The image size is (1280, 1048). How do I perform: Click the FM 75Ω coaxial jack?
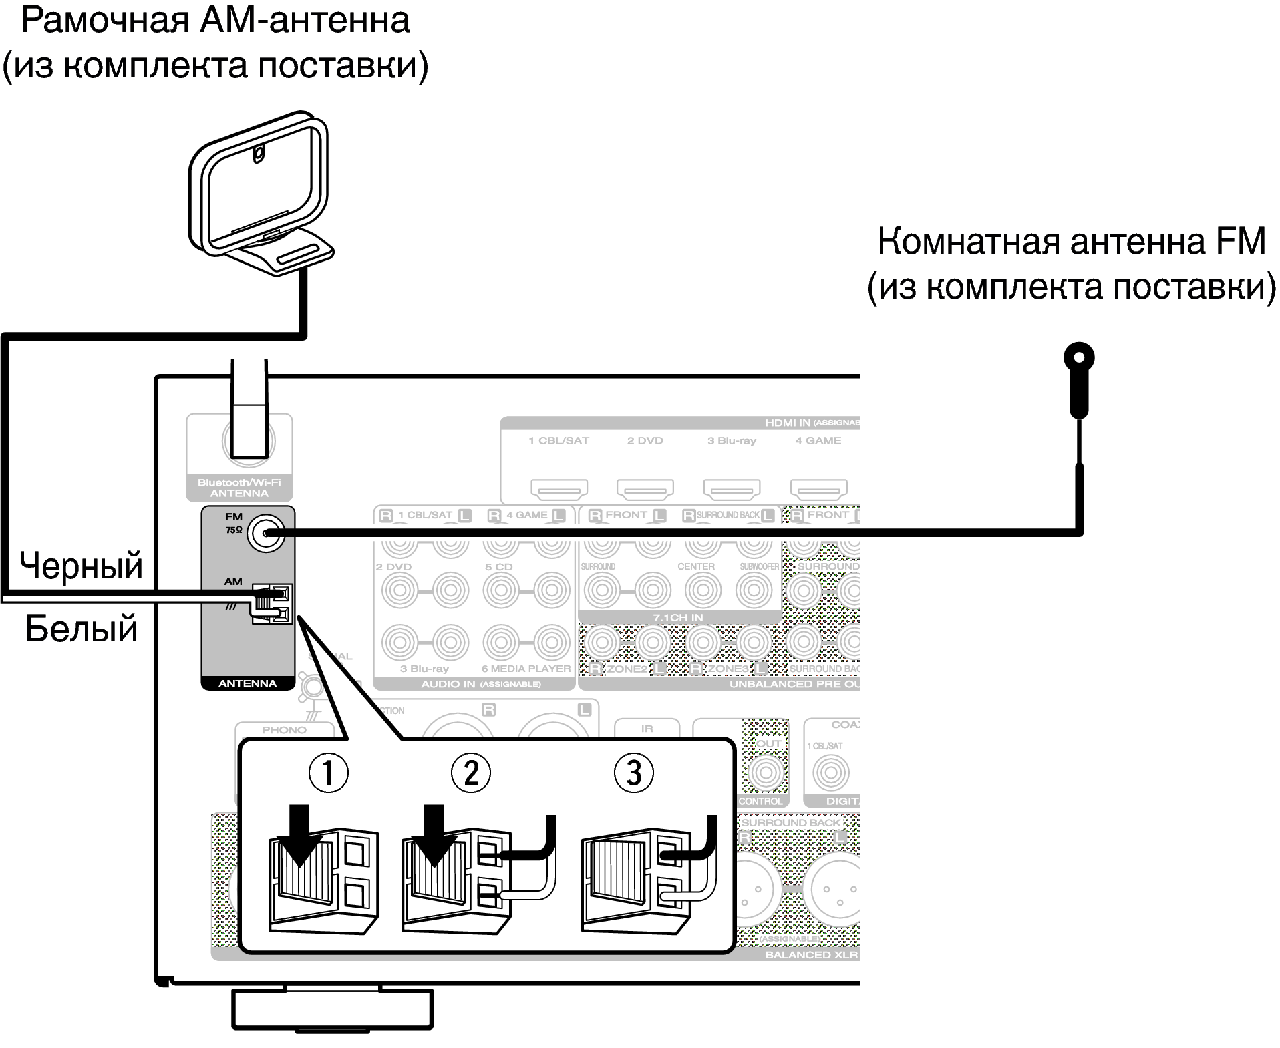click(265, 533)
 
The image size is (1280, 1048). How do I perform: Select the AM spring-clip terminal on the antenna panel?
click(271, 603)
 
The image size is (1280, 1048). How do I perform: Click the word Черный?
click(81, 566)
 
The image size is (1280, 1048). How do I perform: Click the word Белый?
click(81, 629)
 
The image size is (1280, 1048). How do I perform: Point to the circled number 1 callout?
click(327, 773)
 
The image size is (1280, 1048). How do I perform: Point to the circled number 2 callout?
click(470, 773)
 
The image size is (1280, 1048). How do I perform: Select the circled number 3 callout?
click(633, 773)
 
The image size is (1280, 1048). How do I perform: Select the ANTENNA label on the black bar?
click(247, 683)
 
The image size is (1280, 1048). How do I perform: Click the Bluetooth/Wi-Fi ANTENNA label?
click(239, 488)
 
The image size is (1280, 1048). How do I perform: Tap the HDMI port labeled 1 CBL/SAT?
click(559, 490)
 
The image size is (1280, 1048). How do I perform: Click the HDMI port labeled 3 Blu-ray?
click(732, 490)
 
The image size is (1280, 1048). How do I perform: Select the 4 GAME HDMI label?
click(818, 441)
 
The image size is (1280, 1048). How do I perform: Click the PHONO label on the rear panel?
click(284, 730)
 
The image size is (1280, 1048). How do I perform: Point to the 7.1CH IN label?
click(677, 618)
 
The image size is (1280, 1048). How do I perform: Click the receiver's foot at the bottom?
click(332, 1009)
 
